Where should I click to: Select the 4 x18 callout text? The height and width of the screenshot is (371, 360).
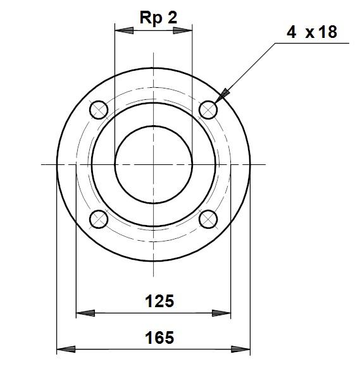312,32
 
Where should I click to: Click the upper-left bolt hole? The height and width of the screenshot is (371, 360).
98,110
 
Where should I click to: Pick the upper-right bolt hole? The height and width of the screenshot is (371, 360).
208,110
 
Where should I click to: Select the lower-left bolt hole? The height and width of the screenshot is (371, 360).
98,219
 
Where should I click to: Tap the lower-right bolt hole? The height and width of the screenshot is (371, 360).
208,219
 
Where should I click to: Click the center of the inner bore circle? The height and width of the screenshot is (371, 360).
153,164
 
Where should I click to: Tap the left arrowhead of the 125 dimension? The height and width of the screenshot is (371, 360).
84,312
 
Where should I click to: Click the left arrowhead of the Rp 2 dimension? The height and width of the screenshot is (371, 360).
122,28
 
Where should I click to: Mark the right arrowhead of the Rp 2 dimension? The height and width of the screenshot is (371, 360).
184,28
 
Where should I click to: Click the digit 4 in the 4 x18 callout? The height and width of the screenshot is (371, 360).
291,32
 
